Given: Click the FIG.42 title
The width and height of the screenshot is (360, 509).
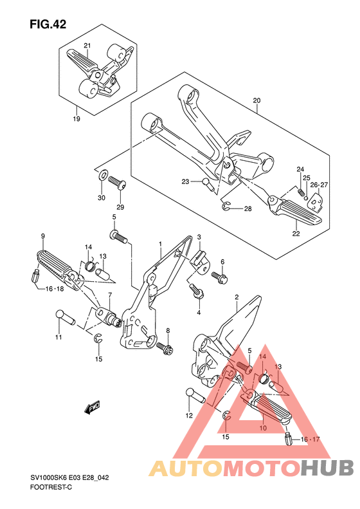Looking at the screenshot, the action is coord(48,24).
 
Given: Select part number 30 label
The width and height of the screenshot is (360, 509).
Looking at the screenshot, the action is coord(102,198).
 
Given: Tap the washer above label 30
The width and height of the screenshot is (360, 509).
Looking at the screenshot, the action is coord(102,175).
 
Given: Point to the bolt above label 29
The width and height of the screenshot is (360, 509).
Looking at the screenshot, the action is coord(117,182).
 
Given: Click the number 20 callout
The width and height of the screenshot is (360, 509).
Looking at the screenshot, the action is coord(256,100).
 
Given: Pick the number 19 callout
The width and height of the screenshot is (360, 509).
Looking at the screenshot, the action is coord(76,119).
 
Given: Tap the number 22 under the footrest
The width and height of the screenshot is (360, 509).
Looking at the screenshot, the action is coord(296,234).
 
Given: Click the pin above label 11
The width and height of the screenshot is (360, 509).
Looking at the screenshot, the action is coord(65,317).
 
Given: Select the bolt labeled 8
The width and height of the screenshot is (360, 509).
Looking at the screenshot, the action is coord(165,347).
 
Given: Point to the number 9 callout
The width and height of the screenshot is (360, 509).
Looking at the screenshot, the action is coord(43,236).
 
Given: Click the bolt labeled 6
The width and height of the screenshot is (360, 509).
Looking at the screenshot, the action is coord(220,277).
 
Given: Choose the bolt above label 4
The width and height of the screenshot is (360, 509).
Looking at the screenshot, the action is coord(197,290).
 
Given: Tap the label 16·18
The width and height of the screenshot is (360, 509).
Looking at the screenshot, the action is coord(55,288).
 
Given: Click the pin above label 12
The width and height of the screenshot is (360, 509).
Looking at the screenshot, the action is coord(195,395).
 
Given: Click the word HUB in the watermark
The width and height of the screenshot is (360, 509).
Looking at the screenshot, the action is coord(327,468).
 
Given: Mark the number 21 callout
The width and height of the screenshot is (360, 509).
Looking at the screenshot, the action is coord(87,46).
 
